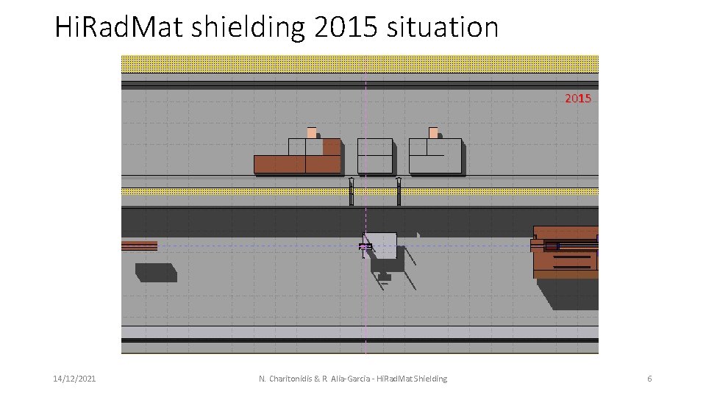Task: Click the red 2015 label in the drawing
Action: [577, 98]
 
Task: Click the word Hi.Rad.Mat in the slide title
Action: [118, 28]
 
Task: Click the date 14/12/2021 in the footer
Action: [74, 379]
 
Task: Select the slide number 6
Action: [649, 379]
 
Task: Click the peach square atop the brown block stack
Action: [312, 132]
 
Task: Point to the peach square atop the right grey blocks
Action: [433, 132]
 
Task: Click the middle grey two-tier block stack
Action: [375, 156]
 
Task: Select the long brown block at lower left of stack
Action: [279, 164]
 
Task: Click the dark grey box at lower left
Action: [156, 273]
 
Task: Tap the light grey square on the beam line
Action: [382, 243]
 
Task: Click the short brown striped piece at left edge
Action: [139, 246]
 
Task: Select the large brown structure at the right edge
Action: [566, 252]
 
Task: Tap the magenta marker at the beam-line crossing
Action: [363, 246]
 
